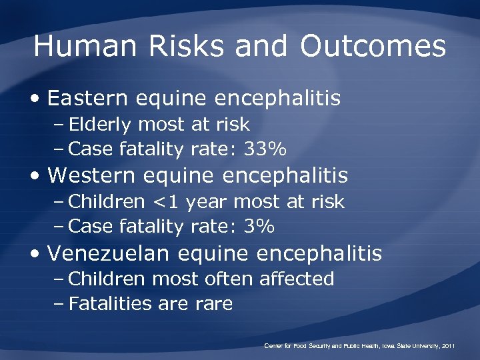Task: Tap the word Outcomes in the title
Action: click(x=373, y=47)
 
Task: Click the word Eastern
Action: click(x=88, y=99)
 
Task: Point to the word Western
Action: click(x=91, y=176)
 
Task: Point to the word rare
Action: click(x=214, y=305)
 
